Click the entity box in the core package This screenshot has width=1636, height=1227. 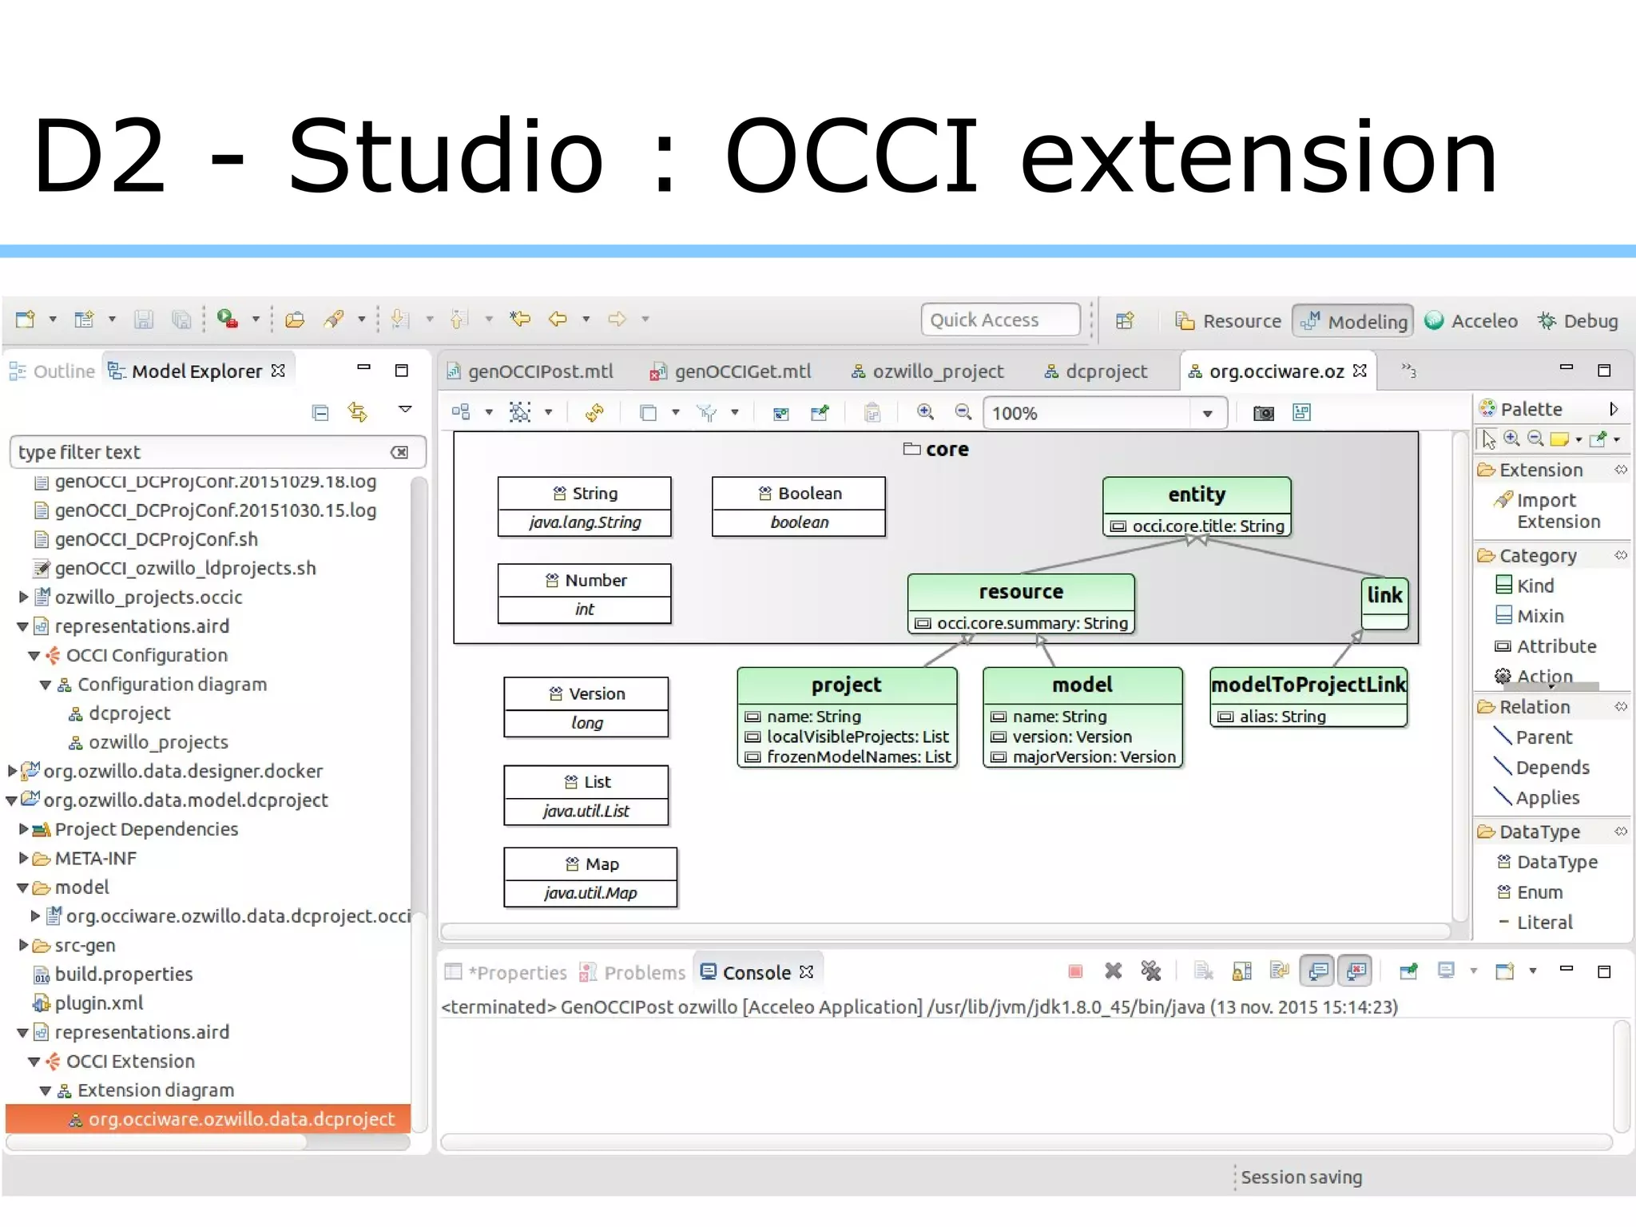click(1196, 495)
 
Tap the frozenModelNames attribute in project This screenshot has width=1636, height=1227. click(858, 757)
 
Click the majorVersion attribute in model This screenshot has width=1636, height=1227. click(1094, 757)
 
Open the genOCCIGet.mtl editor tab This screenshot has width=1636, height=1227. click(741, 371)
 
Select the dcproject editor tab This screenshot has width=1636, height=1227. click(1106, 371)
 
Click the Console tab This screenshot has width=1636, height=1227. click(756, 973)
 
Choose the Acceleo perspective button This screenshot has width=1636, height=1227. click(1483, 321)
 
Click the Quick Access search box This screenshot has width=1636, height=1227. click(1000, 320)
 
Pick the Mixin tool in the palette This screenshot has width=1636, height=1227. click(1539, 616)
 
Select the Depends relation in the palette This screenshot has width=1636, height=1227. click(1552, 768)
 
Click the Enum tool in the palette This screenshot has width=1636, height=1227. click(1539, 892)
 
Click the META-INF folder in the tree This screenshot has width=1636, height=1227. click(95, 859)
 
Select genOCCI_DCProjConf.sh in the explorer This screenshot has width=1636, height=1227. click(156, 539)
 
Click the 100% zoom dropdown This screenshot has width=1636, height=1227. click(1206, 414)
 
